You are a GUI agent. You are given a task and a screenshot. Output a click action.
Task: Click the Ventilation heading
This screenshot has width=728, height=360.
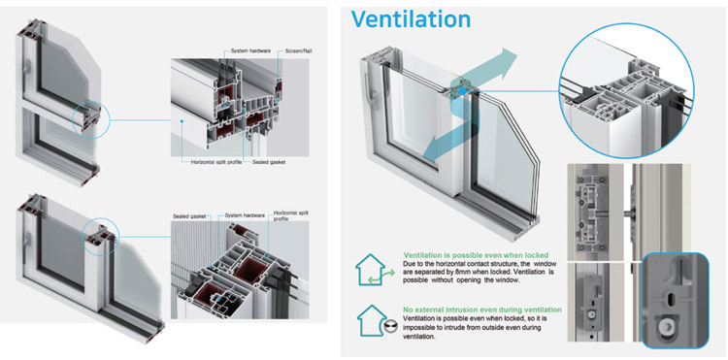point(411,18)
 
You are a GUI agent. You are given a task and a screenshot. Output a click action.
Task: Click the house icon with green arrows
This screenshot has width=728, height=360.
point(375,267)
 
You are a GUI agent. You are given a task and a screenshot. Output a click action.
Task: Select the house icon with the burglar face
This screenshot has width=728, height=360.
point(375,320)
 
